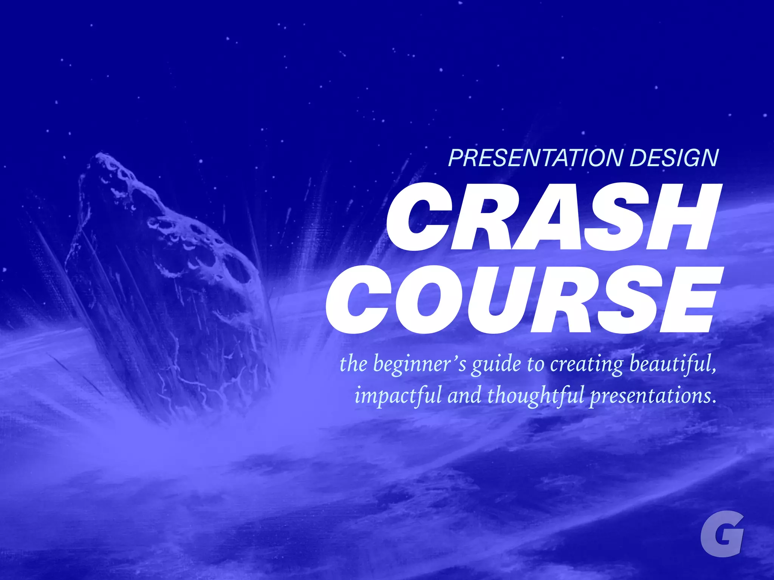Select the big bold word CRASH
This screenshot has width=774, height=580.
(x=554, y=217)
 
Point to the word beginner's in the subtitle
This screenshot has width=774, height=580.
(x=420, y=364)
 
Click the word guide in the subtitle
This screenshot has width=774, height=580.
(x=495, y=364)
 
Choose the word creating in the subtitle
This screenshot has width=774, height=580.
(x=586, y=364)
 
